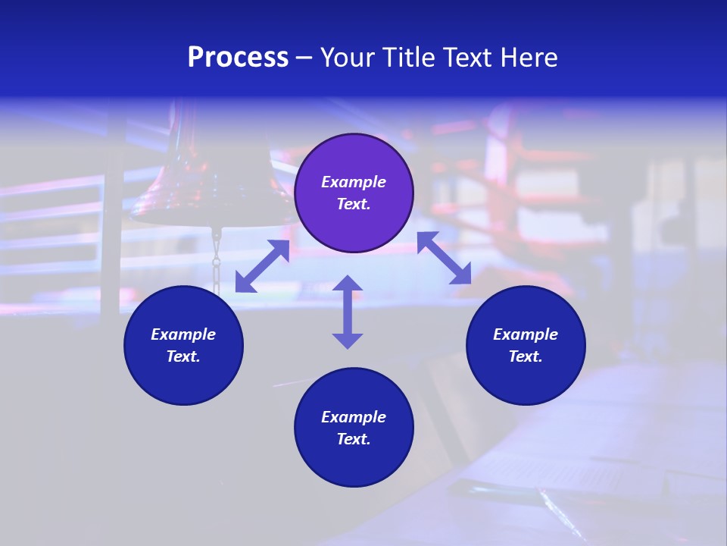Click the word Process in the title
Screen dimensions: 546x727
click(x=238, y=58)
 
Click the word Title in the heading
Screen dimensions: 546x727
click(x=410, y=58)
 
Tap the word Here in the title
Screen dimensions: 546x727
click(x=530, y=58)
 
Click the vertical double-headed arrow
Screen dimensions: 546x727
click(x=348, y=312)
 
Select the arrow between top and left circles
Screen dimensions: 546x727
click(x=262, y=266)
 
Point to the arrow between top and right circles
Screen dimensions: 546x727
click(x=444, y=258)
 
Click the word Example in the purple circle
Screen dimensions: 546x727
click(x=354, y=182)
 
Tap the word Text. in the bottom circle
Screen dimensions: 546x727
click(x=354, y=439)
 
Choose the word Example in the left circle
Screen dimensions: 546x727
click(x=183, y=334)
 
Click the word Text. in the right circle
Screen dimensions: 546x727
click(x=526, y=356)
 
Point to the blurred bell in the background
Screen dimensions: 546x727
click(x=204, y=182)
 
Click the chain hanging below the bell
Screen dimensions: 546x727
click(x=216, y=262)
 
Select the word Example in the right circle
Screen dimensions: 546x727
click(x=526, y=334)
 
